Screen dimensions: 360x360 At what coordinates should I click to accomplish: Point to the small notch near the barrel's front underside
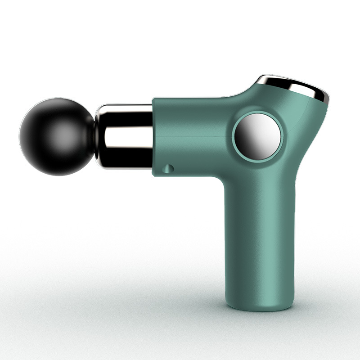point(168,168)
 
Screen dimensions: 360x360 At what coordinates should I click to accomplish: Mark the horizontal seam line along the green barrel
point(193,136)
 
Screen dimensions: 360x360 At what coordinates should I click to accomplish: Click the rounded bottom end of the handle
point(254,306)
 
